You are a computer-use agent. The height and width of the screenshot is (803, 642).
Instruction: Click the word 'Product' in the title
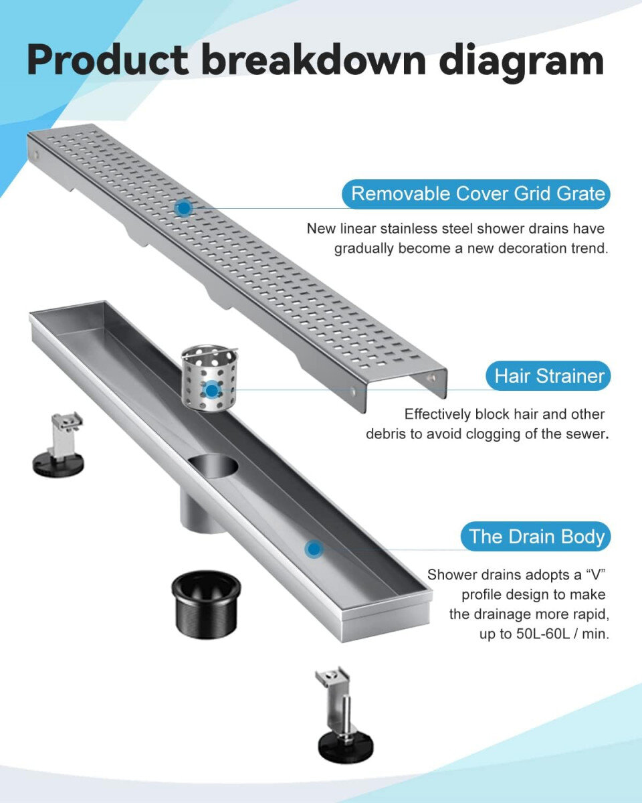point(108,60)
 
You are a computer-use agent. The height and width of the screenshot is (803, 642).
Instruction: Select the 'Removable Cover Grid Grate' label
point(476,193)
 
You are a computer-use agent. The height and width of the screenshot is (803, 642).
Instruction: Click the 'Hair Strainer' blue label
point(548,375)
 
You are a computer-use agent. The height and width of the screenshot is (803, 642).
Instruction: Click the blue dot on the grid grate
point(184,208)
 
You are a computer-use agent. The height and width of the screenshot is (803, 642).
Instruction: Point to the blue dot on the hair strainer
point(212,391)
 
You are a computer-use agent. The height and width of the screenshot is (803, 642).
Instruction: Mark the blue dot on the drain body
point(314,549)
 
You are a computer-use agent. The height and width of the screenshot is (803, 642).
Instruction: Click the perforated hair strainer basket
point(209,378)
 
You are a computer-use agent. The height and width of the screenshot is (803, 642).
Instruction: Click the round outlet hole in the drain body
point(213,466)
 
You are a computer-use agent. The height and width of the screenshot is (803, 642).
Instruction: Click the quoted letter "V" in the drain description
point(595,575)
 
